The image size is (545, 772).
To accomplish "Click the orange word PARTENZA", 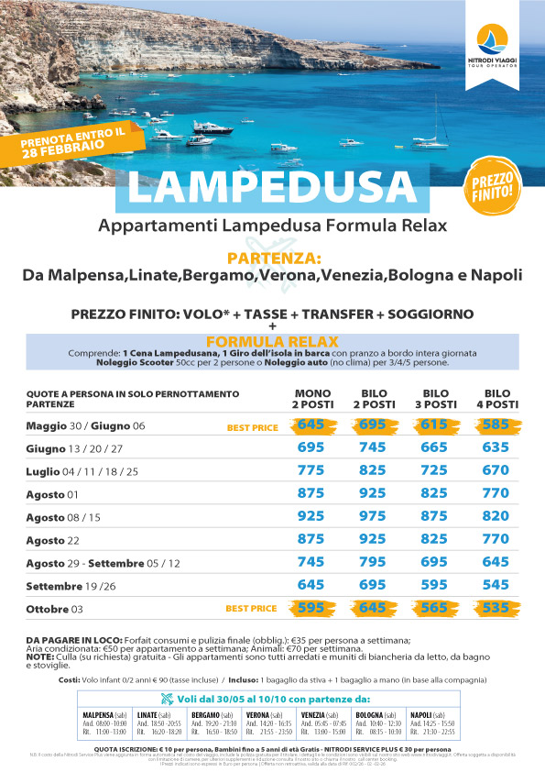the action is pyautogui.click(x=272, y=258).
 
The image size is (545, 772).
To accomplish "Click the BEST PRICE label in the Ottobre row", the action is pyautogui.click(x=251, y=608).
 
